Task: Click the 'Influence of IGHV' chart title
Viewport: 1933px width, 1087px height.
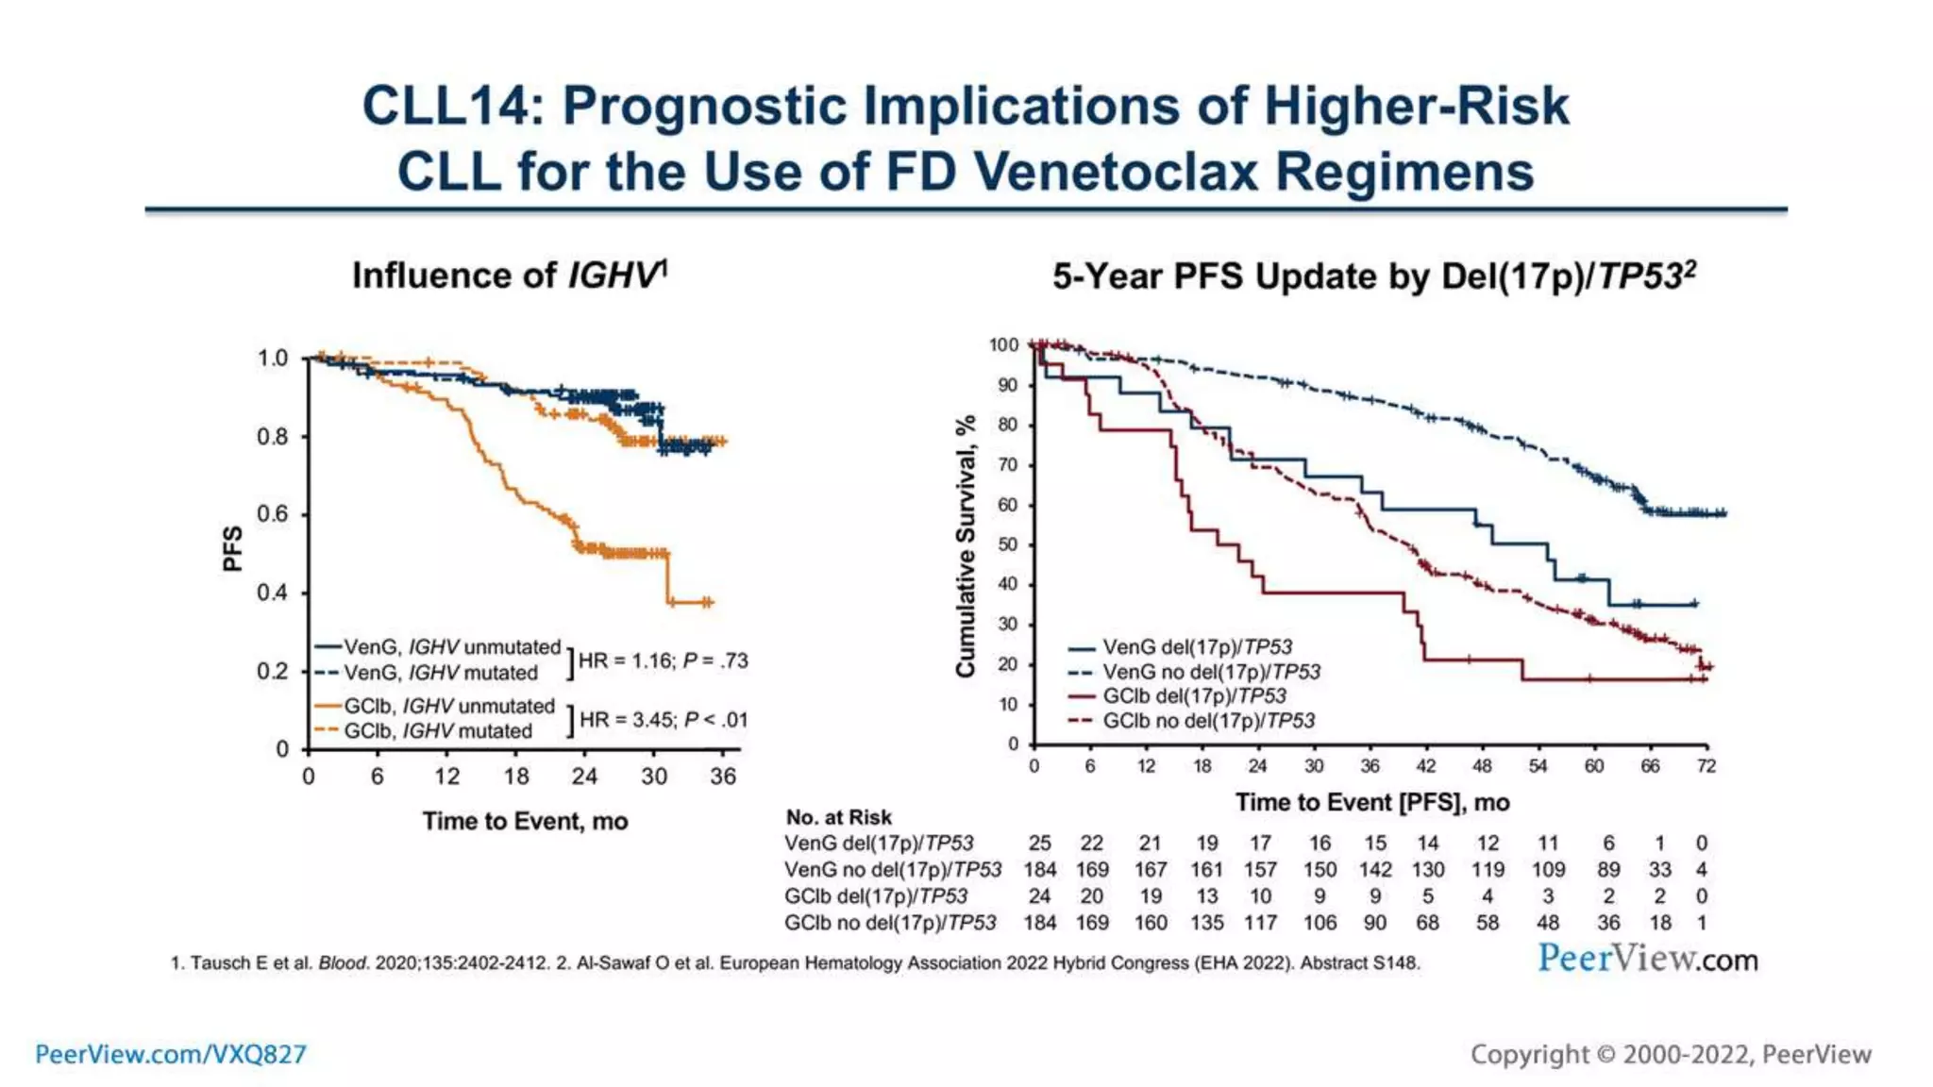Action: pos(509,276)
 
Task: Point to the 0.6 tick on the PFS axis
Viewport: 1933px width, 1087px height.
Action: pos(273,514)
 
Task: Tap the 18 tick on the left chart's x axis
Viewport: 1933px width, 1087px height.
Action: pos(515,777)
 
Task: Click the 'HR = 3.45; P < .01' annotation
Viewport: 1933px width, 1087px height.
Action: pos(664,720)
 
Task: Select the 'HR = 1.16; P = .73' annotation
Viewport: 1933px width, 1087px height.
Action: pos(663,661)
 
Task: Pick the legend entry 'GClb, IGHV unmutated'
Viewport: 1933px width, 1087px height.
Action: pos(448,706)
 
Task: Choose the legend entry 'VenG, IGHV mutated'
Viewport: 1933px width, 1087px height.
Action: pos(440,673)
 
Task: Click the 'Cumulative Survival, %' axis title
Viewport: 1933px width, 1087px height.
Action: pos(965,546)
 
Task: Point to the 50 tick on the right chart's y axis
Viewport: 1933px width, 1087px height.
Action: pos(1008,544)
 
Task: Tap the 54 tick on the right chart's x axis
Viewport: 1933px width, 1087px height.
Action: pos(1538,766)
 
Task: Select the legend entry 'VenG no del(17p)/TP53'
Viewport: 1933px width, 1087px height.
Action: pos(1211,672)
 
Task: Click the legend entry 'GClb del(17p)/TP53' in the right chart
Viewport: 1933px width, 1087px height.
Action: pos(1194,696)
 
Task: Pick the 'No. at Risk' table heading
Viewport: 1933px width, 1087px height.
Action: pos(838,817)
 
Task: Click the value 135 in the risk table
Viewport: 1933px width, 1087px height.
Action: pos(1206,923)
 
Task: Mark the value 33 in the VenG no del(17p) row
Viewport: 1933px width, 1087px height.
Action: pos(1659,870)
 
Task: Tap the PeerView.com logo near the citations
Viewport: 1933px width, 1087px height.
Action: pos(1648,959)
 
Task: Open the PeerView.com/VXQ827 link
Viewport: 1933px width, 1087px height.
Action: pos(171,1054)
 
